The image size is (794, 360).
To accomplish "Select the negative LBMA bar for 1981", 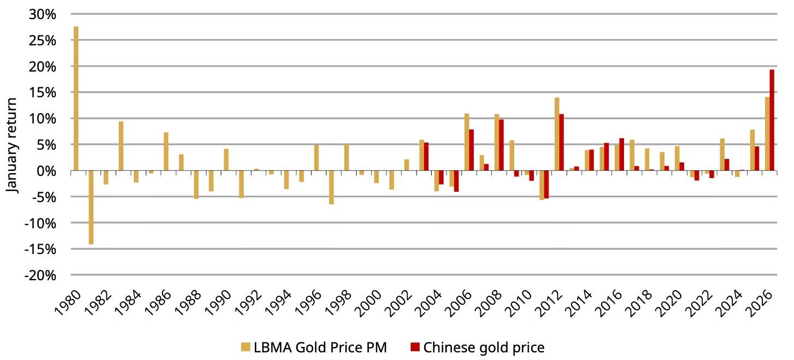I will [x=91, y=207].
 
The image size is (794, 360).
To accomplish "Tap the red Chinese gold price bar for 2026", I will [x=772, y=120].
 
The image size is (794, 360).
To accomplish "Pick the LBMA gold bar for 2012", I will [x=557, y=134].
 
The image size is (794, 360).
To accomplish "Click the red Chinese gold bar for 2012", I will [x=561, y=143].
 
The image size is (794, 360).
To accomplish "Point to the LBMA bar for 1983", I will [x=121, y=146].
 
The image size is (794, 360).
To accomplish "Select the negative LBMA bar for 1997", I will [x=331, y=187].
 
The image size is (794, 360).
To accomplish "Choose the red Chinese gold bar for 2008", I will [x=501, y=145].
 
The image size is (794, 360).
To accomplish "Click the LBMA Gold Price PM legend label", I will [x=320, y=347].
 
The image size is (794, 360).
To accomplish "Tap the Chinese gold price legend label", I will [x=484, y=347].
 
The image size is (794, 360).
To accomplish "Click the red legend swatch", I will [x=415, y=347].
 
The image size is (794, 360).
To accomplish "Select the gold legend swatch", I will [x=246, y=347].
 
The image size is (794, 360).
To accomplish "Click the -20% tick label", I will [x=40, y=275].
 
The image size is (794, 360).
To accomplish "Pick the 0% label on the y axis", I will [x=46, y=171].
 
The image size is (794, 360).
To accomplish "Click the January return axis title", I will [x=12, y=145].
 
